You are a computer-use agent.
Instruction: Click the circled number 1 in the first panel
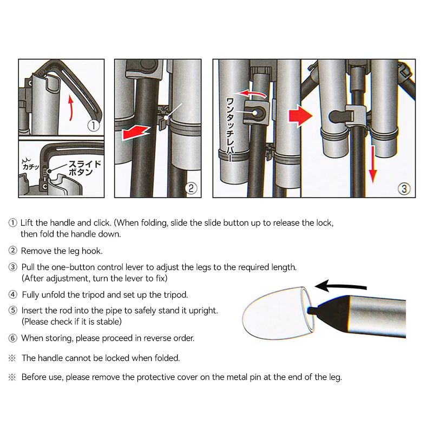[93, 126]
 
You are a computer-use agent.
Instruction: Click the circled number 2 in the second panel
[191, 188]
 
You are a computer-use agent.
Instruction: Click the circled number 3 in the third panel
[404, 188]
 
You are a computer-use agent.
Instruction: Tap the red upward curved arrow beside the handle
[71, 108]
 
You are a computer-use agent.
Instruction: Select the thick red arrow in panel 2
[136, 132]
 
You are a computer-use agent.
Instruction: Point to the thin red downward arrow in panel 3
[373, 165]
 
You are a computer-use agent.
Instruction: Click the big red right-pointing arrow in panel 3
[300, 116]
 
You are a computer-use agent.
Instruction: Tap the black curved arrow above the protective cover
[340, 286]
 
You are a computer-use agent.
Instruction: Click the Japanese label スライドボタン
[85, 168]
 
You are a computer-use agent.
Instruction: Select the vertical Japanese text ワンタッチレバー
[230, 129]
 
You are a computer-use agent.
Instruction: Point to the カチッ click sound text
[31, 165]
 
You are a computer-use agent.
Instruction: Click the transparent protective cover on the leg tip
[278, 313]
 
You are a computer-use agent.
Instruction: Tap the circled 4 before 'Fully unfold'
[12, 294]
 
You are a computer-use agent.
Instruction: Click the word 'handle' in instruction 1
[62, 223]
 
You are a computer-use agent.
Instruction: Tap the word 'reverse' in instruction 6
[158, 338]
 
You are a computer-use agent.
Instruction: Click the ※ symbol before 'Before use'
[12, 377]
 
